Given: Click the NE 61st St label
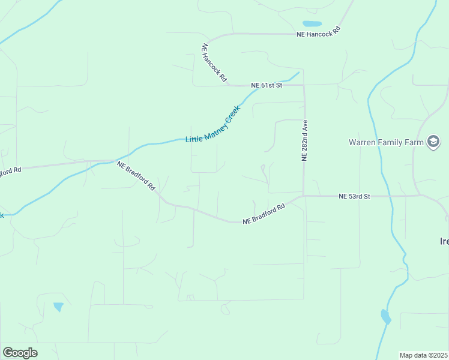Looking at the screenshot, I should click(x=267, y=86).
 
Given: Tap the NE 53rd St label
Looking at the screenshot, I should click(x=355, y=196).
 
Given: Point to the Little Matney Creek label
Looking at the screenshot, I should click(x=212, y=125).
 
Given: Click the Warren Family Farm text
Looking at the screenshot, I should click(x=385, y=142).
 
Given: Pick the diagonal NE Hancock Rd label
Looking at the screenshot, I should click(x=214, y=62).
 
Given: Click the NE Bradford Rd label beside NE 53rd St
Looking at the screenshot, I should click(x=264, y=214).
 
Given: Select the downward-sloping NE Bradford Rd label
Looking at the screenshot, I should click(x=136, y=176).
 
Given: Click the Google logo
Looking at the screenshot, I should click(x=20, y=353).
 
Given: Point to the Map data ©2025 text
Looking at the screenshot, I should click(x=423, y=355).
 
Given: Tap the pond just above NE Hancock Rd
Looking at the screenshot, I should click(x=312, y=24).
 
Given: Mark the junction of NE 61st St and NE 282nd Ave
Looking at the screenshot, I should click(x=304, y=85).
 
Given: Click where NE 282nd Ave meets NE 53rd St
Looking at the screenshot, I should click(x=304, y=196).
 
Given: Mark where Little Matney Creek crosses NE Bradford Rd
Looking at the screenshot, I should click(x=114, y=161).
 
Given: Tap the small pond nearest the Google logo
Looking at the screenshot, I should click(x=58, y=307).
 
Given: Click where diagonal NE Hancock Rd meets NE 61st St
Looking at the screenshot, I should click(x=229, y=85).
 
